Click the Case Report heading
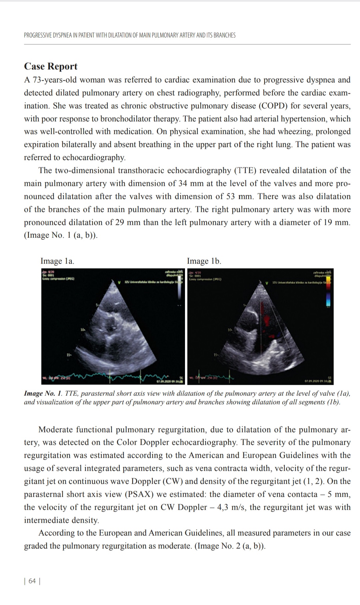point(51,66)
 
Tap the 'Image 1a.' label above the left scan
point(57,261)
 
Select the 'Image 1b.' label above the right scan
point(204,261)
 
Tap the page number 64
point(32,581)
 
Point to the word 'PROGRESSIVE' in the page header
point(38,35)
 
